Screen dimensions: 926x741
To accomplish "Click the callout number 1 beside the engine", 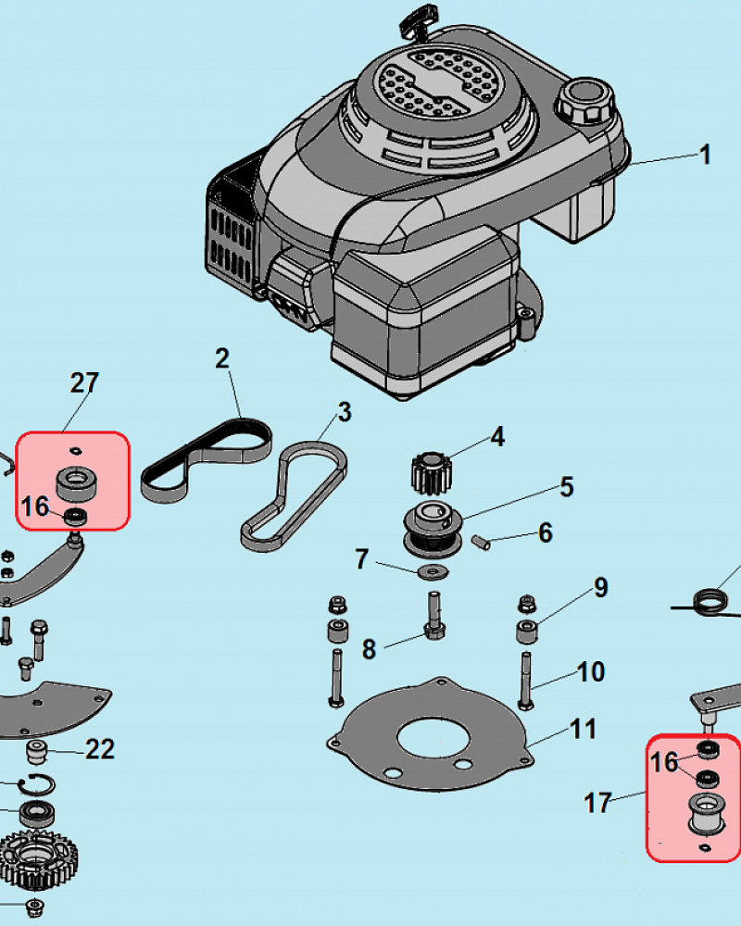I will click(x=705, y=154).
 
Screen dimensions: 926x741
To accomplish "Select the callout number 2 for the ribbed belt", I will click(x=222, y=359).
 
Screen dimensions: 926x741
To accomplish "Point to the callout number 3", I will click(x=344, y=411).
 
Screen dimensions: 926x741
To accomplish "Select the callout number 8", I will click(x=369, y=649).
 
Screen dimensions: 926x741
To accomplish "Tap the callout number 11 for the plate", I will click(x=583, y=730).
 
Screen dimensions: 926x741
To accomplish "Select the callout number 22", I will click(x=100, y=748).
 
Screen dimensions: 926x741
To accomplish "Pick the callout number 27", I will click(x=84, y=382).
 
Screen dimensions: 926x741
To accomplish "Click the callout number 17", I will click(x=598, y=802).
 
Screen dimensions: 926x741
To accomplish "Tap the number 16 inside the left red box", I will click(x=35, y=507).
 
